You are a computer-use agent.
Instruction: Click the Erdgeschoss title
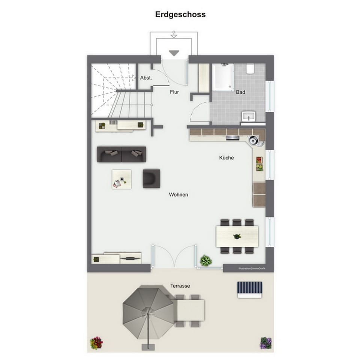coord(180,15)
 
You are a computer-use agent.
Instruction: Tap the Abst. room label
coord(145,78)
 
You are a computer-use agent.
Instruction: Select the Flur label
coord(174,91)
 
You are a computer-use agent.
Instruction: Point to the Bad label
coord(240,92)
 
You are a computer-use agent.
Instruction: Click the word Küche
coord(226,158)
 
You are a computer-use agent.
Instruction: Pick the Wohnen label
coord(178,195)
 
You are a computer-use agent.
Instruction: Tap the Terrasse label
coord(180,286)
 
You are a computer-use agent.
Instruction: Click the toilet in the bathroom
coord(250,69)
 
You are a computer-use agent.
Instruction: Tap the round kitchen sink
coord(254,140)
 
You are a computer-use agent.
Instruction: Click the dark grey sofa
coord(121,154)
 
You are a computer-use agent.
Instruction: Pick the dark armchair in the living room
coord(151,178)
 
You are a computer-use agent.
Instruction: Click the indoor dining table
coord(237,236)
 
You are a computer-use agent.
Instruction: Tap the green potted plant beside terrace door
coord(205,260)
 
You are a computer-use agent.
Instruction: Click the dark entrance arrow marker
coord(174,53)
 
